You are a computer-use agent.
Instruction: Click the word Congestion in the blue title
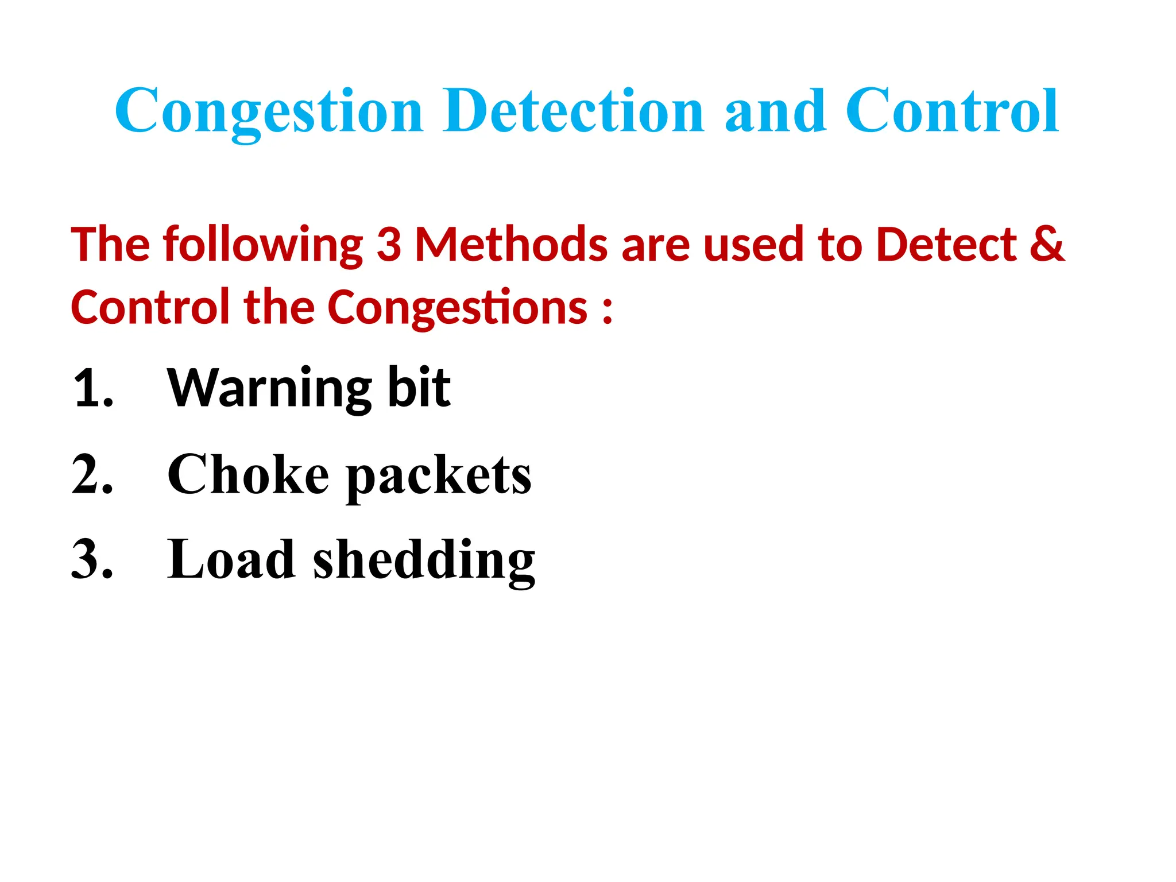tap(269, 111)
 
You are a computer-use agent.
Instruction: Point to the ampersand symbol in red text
tap(1047, 245)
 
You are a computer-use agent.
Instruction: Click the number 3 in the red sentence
tap(389, 245)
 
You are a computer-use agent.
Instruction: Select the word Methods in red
tap(511, 245)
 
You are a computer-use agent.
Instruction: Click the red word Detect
tap(947, 245)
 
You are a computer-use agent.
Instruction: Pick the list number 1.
tap(93, 389)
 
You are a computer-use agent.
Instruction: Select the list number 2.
tap(93, 474)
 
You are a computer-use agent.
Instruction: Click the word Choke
tap(248, 474)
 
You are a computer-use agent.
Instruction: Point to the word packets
tap(439, 477)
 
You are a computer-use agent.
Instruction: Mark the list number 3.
tap(93, 559)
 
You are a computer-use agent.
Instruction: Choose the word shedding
tap(424, 562)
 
